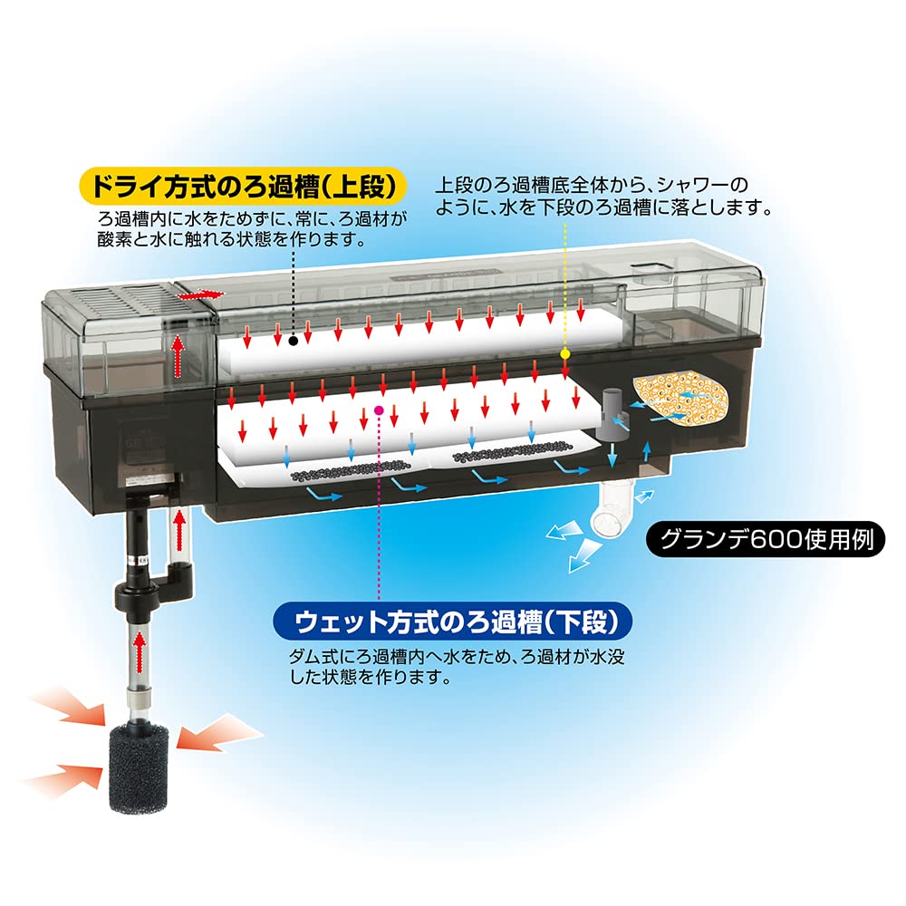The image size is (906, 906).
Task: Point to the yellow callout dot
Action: point(564,353)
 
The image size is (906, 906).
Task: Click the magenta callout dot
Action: point(379,410)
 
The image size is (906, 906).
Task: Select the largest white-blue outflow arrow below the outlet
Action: point(580,554)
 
